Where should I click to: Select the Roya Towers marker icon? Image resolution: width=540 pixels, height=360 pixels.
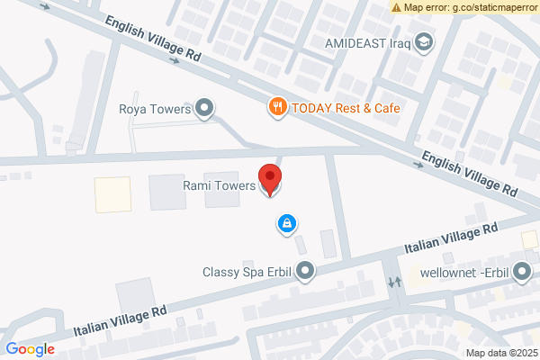pyautogui.click(x=205, y=110)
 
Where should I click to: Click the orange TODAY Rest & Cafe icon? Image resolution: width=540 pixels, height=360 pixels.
pyautogui.click(x=278, y=107)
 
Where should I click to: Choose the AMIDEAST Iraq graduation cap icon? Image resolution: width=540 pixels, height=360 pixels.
pyautogui.click(x=424, y=42)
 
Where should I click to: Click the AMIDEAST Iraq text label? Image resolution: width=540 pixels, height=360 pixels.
pyautogui.click(x=369, y=42)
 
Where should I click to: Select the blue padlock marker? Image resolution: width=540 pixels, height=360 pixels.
pyautogui.click(x=286, y=223)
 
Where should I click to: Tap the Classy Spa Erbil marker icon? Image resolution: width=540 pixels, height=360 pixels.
pyautogui.click(x=307, y=270)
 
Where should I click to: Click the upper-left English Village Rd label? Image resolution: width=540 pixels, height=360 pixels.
pyautogui.click(x=154, y=40)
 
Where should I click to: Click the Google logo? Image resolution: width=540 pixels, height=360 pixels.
pyautogui.click(x=30, y=349)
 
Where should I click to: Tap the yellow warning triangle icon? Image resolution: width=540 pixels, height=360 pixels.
pyautogui.click(x=397, y=6)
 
